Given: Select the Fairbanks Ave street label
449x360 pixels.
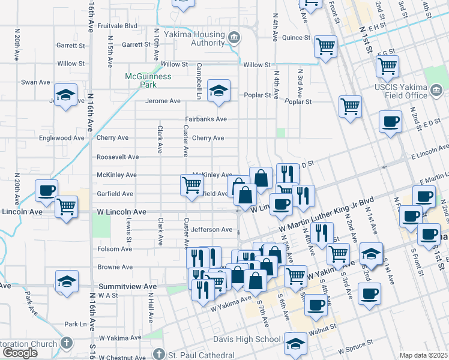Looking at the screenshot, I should point(205,119).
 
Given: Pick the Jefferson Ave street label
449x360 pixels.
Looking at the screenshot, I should point(212,230).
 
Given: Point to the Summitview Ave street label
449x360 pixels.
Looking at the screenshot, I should point(125,287).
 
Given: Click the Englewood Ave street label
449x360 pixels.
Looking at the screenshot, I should point(62,138).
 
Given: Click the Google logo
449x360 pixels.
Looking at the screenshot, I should point(20,353).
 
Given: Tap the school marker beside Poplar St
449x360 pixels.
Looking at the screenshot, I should point(218,91).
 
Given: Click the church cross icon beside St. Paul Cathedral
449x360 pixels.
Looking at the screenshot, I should point(158,353).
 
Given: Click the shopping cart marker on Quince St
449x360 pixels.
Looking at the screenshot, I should point(325,46).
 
